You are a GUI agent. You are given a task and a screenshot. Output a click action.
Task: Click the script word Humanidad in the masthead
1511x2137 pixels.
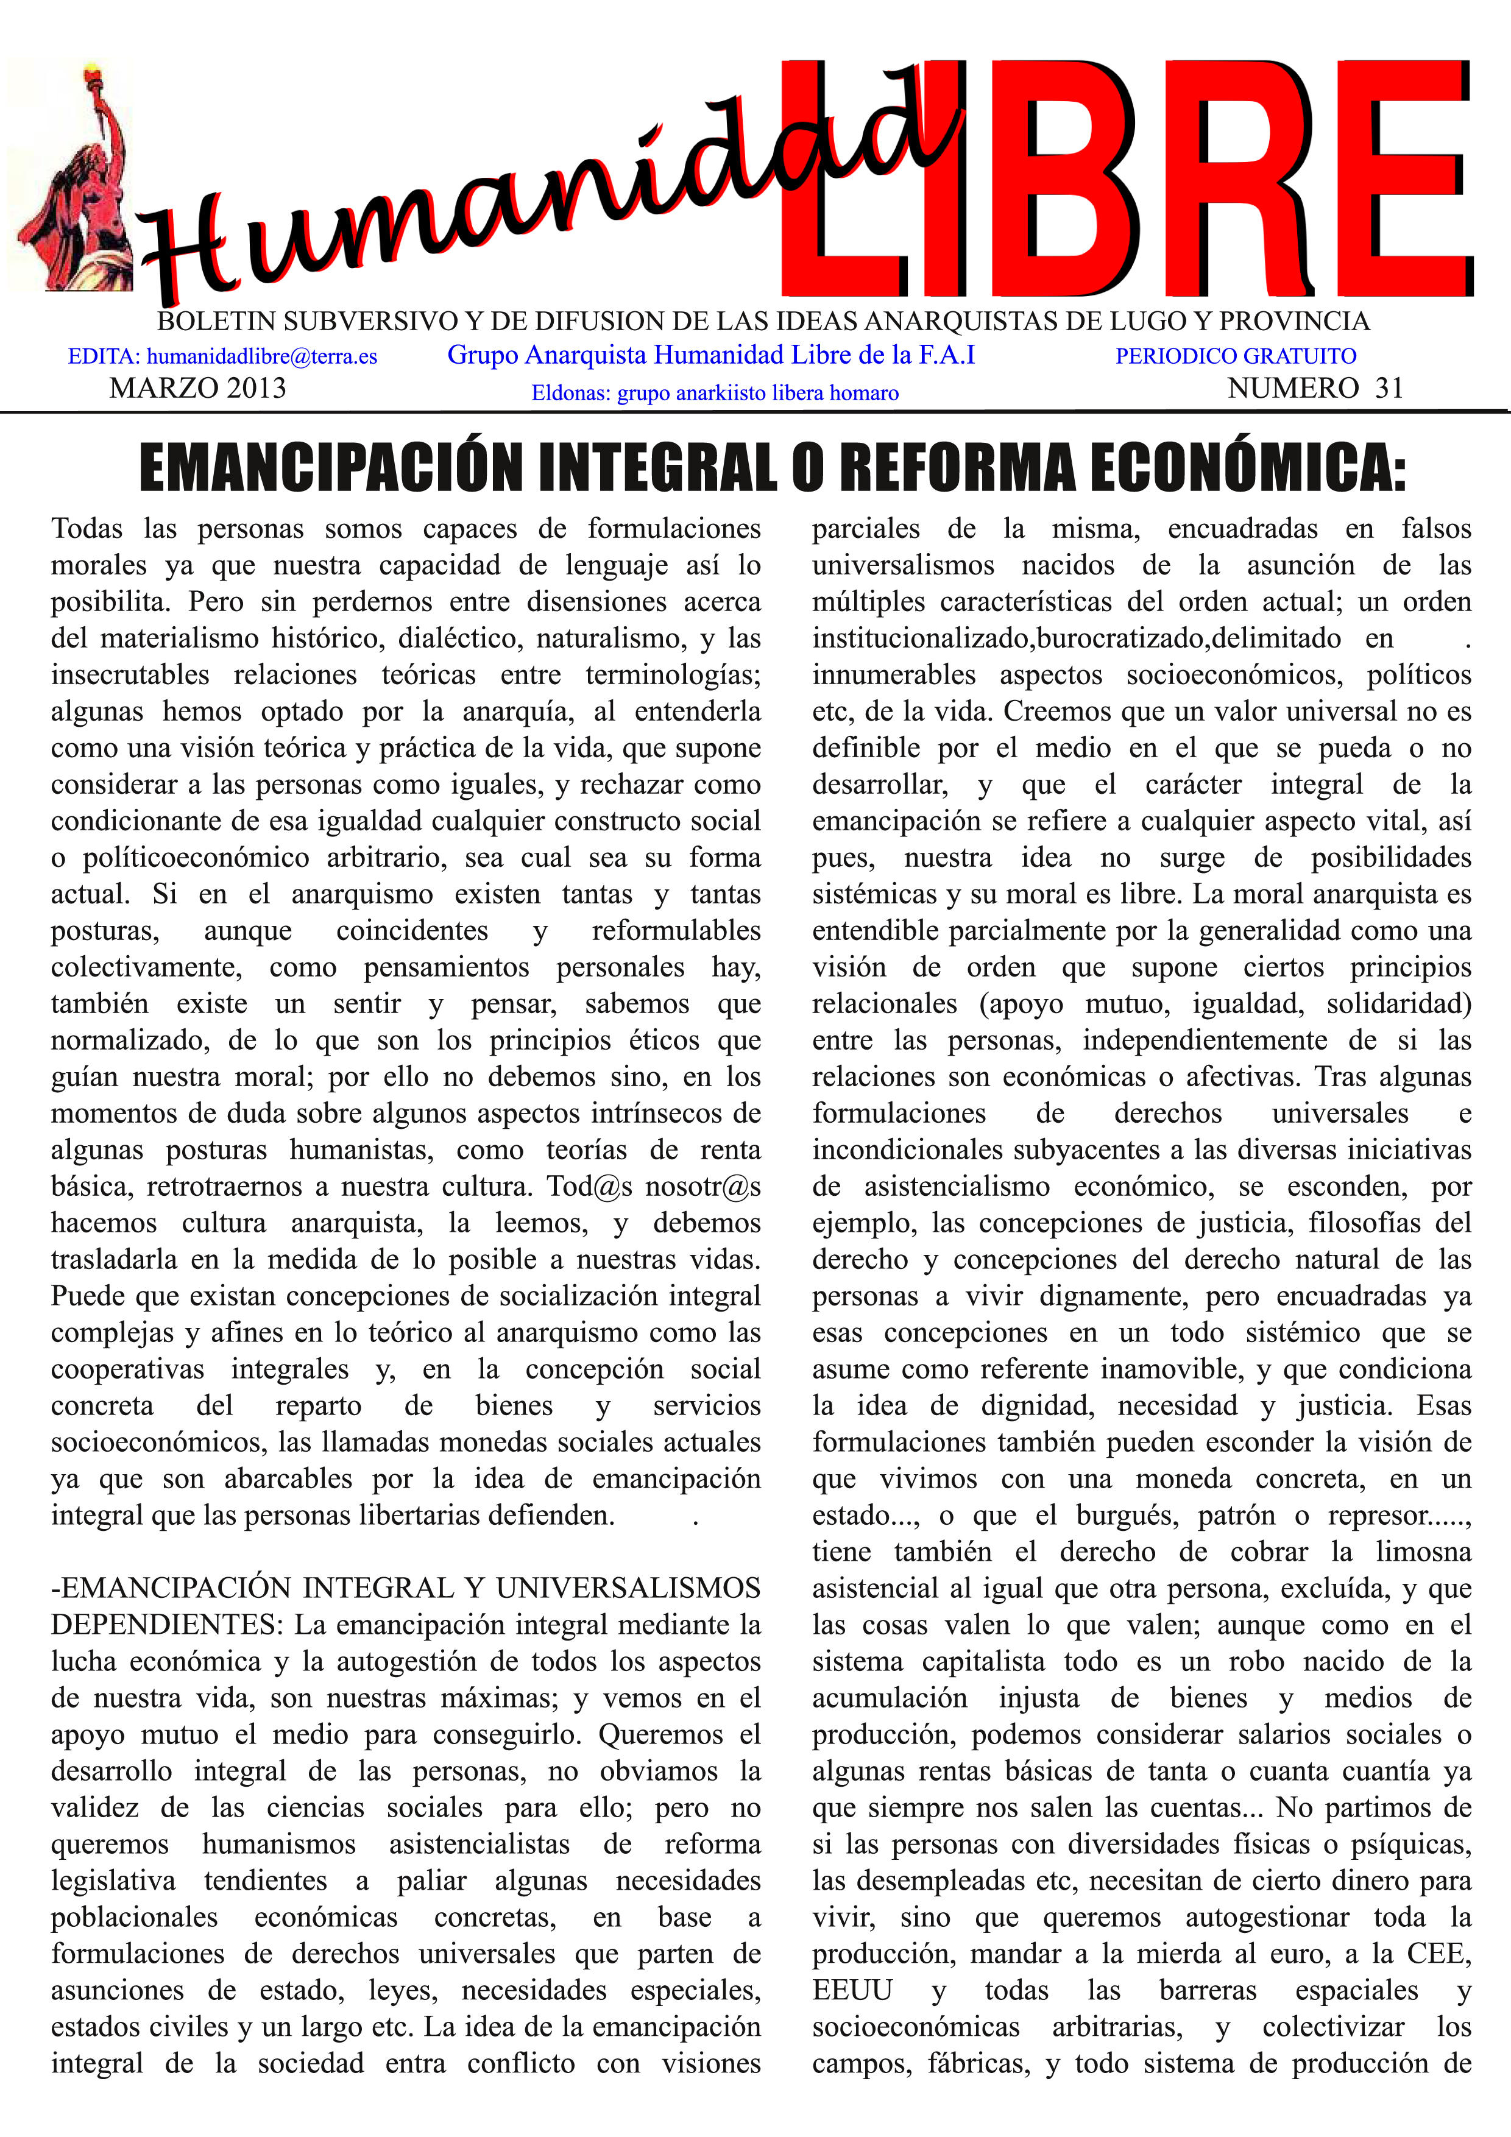(x=540, y=186)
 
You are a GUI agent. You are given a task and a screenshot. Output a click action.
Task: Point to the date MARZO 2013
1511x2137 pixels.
(x=197, y=388)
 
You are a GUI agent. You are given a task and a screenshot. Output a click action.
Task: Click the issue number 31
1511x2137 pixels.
(x=1389, y=388)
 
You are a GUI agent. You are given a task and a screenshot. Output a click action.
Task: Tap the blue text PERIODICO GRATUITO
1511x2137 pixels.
(x=1236, y=356)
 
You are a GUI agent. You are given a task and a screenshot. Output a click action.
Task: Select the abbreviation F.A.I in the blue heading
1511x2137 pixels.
(x=947, y=355)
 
